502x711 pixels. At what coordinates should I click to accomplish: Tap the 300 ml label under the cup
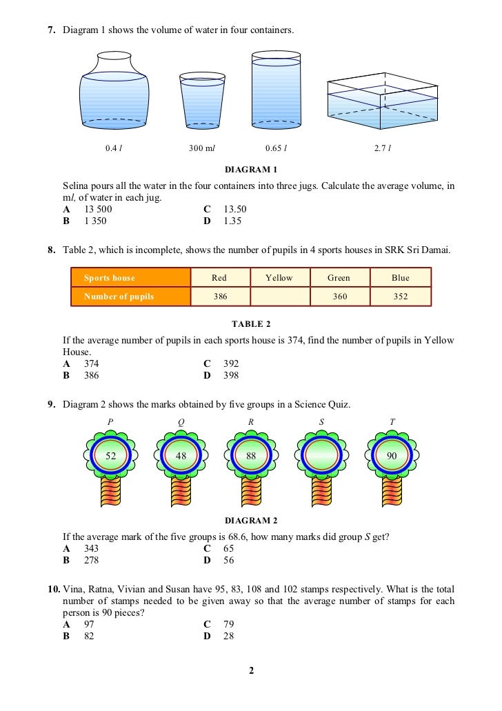[x=202, y=148]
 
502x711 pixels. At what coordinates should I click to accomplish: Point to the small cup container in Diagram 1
[x=202, y=101]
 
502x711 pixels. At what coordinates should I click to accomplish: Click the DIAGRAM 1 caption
[x=251, y=170]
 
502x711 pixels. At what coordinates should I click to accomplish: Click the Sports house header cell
[x=130, y=278]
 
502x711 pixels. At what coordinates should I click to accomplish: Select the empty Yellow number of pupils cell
[x=279, y=297]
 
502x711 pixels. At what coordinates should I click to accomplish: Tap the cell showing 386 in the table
[x=219, y=297]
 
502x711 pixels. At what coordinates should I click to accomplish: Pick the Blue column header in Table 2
[x=400, y=278]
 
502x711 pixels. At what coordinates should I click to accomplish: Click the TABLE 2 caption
[x=251, y=323]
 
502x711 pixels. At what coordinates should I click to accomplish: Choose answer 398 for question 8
[x=231, y=376]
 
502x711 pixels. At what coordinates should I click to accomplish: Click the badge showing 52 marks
[x=110, y=455]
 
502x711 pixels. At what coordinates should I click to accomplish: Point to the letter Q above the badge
[x=181, y=422]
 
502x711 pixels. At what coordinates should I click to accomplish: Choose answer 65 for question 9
[x=229, y=549]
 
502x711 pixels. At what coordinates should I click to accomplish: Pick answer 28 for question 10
[x=228, y=636]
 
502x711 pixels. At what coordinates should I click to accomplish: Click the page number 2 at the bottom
[x=251, y=670]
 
